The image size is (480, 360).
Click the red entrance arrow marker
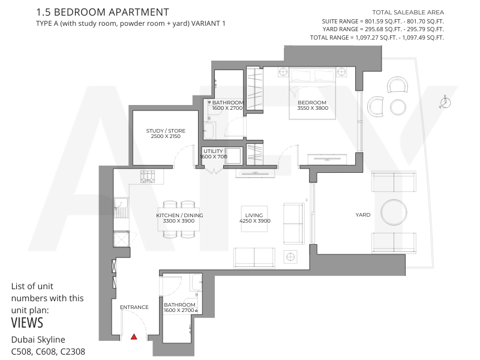point(134,337)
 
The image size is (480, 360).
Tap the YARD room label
point(363,215)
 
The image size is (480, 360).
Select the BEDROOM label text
point(312,103)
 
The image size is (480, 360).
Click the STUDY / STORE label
point(166,131)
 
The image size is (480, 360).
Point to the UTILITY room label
point(213,151)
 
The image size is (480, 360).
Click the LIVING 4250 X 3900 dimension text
point(255,221)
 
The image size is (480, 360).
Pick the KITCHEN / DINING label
point(179,215)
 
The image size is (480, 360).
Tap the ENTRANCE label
point(134,307)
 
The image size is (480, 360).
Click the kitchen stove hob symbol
point(148,176)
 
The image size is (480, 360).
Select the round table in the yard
point(394,212)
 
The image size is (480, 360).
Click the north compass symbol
point(445,102)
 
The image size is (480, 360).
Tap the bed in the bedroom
point(312,93)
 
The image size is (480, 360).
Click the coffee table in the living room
point(254,218)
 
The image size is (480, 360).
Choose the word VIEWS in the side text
point(27,323)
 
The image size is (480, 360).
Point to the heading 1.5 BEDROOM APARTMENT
point(103,12)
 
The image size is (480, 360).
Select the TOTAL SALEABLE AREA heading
point(408,13)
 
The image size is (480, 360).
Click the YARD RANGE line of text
point(383,29)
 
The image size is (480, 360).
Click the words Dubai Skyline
point(38,340)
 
